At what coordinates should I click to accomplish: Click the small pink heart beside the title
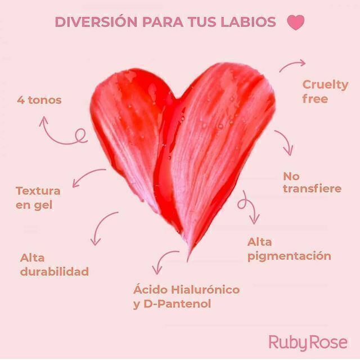tap(295, 22)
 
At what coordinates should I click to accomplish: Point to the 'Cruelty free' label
tap(325, 92)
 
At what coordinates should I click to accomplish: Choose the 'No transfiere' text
tap(312, 182)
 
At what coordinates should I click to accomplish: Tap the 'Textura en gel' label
tap(38, 197)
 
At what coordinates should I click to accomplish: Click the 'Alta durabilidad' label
tap(54, 264)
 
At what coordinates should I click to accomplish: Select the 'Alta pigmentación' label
tap(289, 249)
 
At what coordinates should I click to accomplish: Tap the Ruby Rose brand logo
tap(308, 341)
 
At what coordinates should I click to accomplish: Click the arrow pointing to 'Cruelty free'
tap(292, 66)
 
